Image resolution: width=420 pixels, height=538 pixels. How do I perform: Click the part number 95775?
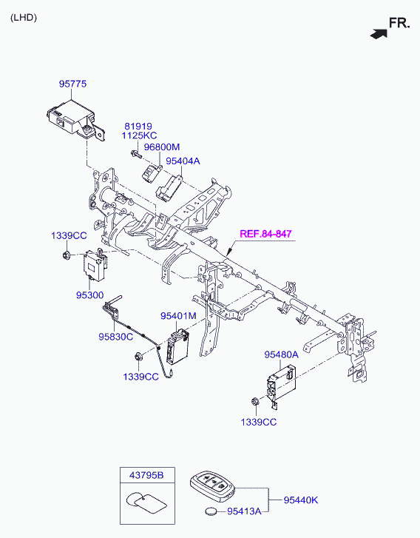pyautogui.click(x=72, y=84)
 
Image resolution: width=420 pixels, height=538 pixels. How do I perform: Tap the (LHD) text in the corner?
pyautogui.click(x=24, y=18)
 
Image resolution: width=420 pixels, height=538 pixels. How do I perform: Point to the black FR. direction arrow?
pyautogui.click(x=379, y=33)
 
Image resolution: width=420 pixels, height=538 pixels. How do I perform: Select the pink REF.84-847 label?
pyautogui.click(x=265, y=234)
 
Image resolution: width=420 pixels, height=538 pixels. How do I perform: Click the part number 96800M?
pyautogui.click(x=161, y=147)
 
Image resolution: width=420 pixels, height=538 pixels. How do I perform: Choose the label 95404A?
pyautogui.click(x=183, y=161)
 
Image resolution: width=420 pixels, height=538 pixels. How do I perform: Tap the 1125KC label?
pyautogui.click(x=139, y=135)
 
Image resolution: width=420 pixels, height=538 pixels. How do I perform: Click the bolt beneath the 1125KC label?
pyautogui.click(x=135, y=154)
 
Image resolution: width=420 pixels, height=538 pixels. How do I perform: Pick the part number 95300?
pyautogui.click(x=89, y=295)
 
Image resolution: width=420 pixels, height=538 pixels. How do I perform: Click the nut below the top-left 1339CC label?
pyautogui.click(x=66, y=255)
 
